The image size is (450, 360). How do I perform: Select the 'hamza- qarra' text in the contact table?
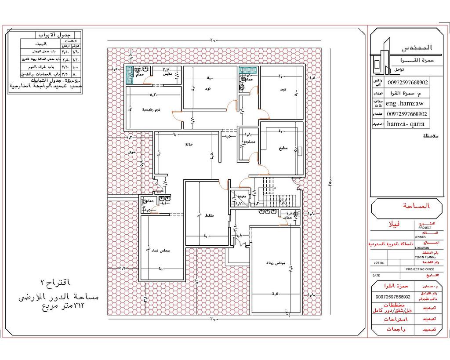pos(403,124)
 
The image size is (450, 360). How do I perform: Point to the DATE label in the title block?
pos(376,275)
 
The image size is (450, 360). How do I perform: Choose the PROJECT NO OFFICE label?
pos(420,269)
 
